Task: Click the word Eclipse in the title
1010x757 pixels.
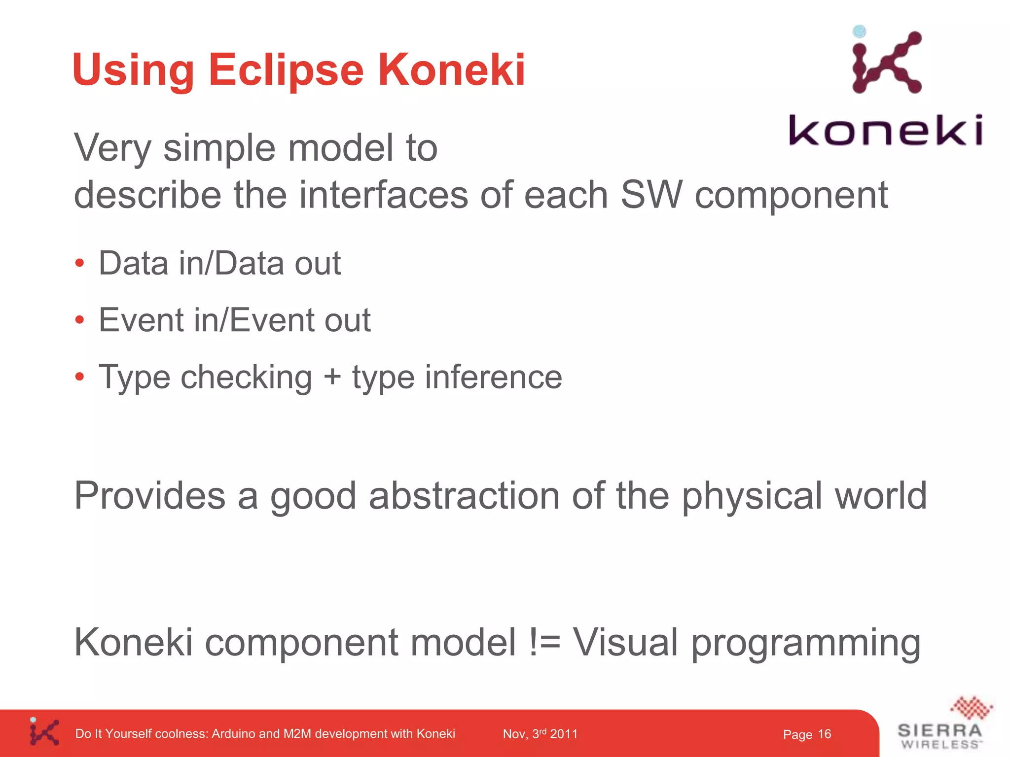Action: pos(286,70)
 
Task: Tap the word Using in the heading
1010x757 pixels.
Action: pos(133,70)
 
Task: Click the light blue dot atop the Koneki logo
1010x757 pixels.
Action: pos(860,32)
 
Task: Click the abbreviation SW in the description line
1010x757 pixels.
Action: pos(651,195)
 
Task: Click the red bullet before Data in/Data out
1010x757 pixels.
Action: pos(80,263)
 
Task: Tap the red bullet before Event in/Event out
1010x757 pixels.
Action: pos(80,320)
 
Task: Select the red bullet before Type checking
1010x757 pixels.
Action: pos(80,378)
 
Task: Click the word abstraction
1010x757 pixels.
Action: pos(464,496)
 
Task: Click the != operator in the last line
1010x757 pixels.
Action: pos(544,643)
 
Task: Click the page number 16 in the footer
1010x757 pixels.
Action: pos(825,734)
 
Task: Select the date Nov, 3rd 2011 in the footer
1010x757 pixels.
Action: pos(540,734)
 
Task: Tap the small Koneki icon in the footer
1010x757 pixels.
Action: pos(44,732)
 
